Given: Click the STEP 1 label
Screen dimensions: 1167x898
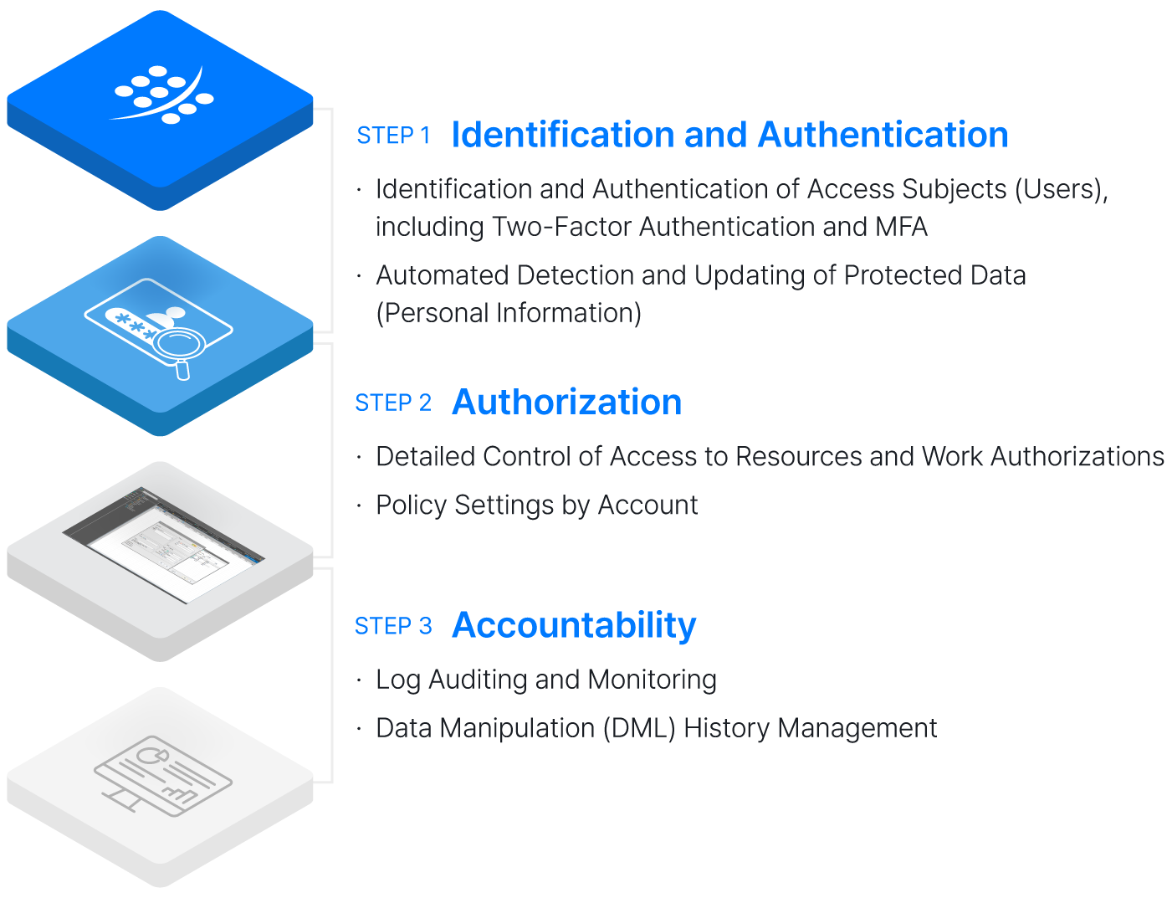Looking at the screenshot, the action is (x=392, y=136).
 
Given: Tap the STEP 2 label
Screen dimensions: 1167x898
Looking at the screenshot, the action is (x=392, y=403).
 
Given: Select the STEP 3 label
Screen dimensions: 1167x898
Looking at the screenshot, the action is (x=392, y=626).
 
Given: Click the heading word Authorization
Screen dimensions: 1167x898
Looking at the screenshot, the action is (x=566, y=403).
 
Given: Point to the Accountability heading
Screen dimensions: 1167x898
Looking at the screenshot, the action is (x=574, y=625).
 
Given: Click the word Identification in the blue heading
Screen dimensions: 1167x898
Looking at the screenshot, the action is (x=562, y=135).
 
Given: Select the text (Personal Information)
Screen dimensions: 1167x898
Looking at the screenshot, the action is (x=509, y=313).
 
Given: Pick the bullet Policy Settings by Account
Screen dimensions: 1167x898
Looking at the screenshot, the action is (x=536, y=505).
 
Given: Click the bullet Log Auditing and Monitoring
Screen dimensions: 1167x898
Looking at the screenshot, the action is (x=545, y=680).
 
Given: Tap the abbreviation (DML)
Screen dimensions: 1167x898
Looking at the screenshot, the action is (x=638, y=728).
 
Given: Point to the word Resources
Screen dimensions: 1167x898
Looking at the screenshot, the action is (x=798, y=457).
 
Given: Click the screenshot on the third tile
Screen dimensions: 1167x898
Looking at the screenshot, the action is (x=164, y=543).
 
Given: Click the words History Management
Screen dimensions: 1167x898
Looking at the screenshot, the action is (x=809, y=728).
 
